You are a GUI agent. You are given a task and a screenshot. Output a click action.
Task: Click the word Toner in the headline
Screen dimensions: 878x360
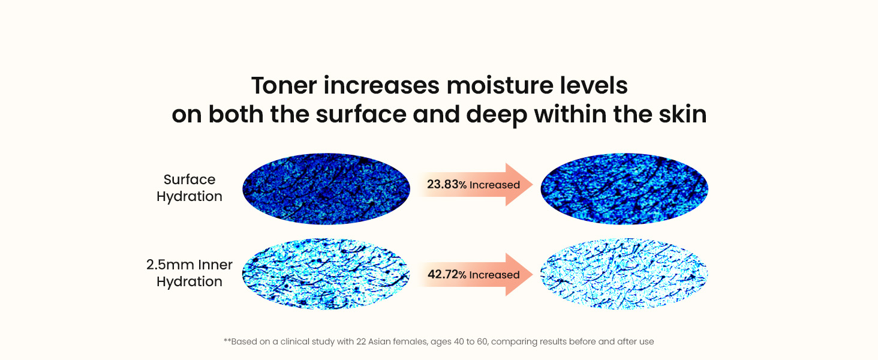pyautogui.click(x=284, y=85)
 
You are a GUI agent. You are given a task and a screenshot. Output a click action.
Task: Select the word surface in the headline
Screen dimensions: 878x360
pyautogui.click(x=361, y=115)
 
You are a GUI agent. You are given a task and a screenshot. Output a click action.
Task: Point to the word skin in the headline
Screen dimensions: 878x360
pyautogui.click(x=682, y=115)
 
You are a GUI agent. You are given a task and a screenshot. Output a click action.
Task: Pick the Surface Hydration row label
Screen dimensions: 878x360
pyautogui.click(x=190, y=188)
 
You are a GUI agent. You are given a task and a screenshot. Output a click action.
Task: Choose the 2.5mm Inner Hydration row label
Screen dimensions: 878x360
pyautogui.click(x=190, y=274)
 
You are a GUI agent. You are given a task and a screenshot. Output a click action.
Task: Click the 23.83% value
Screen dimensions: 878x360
pyautogui.click(x=447, y=184)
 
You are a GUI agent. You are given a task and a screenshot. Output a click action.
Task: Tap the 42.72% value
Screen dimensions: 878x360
pyautogui.click(x=447, y=275)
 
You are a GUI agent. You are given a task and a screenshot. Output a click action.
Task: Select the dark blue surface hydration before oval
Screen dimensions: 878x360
pyautogui.click(x=326, y=188)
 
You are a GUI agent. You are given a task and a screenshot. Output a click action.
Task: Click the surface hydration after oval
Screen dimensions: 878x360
pyautogui.click(x=624, y=188)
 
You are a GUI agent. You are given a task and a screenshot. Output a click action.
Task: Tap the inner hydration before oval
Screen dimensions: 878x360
pyautogui.click(x=326, y=274)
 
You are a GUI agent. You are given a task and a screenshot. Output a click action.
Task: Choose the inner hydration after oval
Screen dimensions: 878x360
pyautogui.click(x=624, y=274)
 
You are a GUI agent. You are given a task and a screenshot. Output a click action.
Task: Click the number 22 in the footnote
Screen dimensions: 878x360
pyautogui.click(x=361, y=341)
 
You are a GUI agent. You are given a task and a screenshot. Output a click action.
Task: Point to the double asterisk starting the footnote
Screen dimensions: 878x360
pyautogui.click(x=227, y=340)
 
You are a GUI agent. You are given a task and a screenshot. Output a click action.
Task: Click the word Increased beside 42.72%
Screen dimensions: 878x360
pyautogui.click(x=494, y=275)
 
